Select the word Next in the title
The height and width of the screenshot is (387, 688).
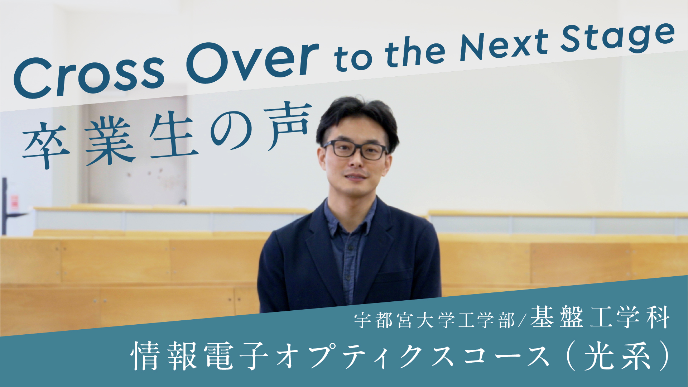click(x=503, y=45)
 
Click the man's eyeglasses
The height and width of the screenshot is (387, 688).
click(x=355, y=150)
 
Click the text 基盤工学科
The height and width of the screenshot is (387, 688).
click(x=600, y=317)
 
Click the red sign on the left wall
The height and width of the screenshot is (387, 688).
click(x=14, y=202)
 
